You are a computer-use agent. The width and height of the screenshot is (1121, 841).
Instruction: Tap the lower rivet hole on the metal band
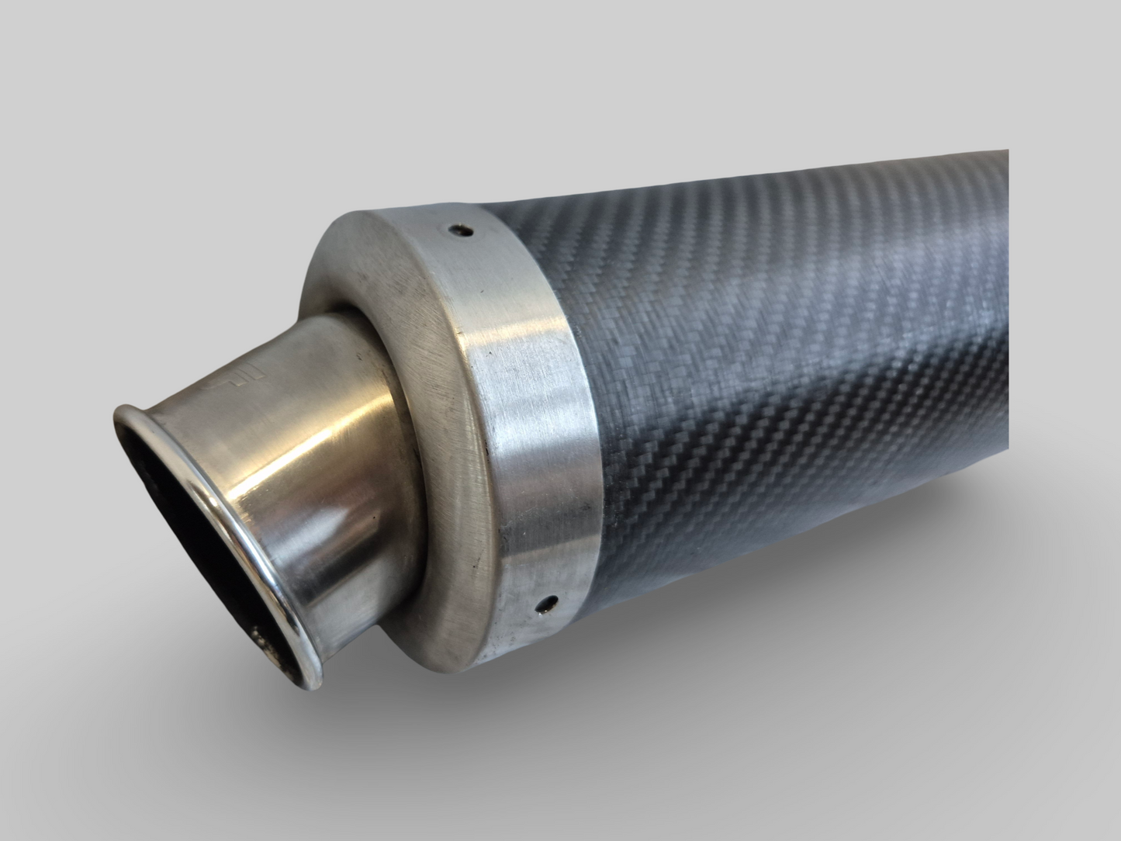point(552,600)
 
